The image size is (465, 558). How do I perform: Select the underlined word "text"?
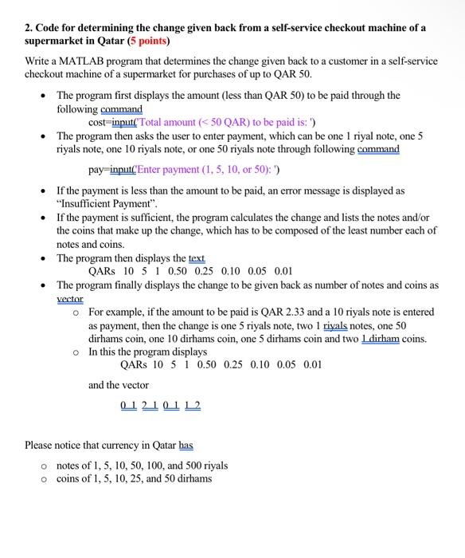pos(194,257)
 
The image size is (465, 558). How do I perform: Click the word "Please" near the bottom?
pos(41,444)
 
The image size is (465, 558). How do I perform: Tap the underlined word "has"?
pos(184,444)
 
